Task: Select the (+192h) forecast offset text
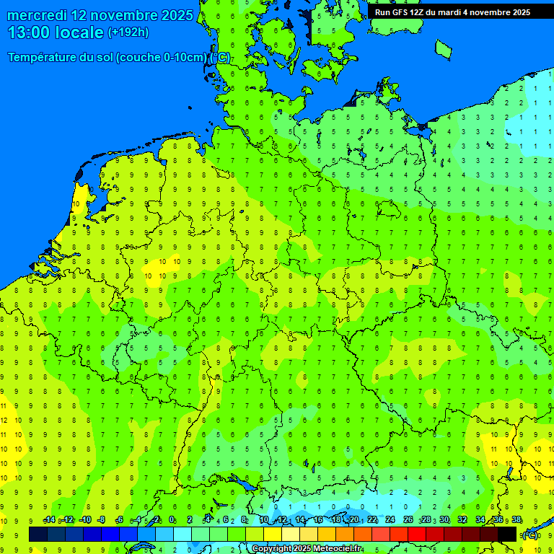128,32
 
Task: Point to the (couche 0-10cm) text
162,58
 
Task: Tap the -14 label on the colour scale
49,520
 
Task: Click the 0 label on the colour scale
172,520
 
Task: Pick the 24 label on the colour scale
390,520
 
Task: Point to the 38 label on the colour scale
516,520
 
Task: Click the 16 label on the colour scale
317,520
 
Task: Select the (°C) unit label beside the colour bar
530,535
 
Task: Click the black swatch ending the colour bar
507,535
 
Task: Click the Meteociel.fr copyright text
307,549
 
